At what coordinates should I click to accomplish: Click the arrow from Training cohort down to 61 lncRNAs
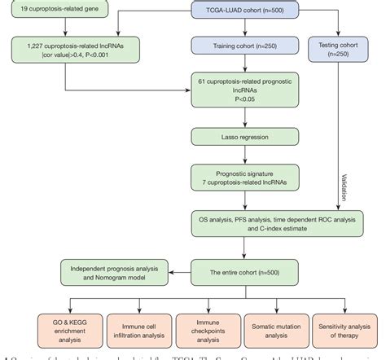click(235, 66)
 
